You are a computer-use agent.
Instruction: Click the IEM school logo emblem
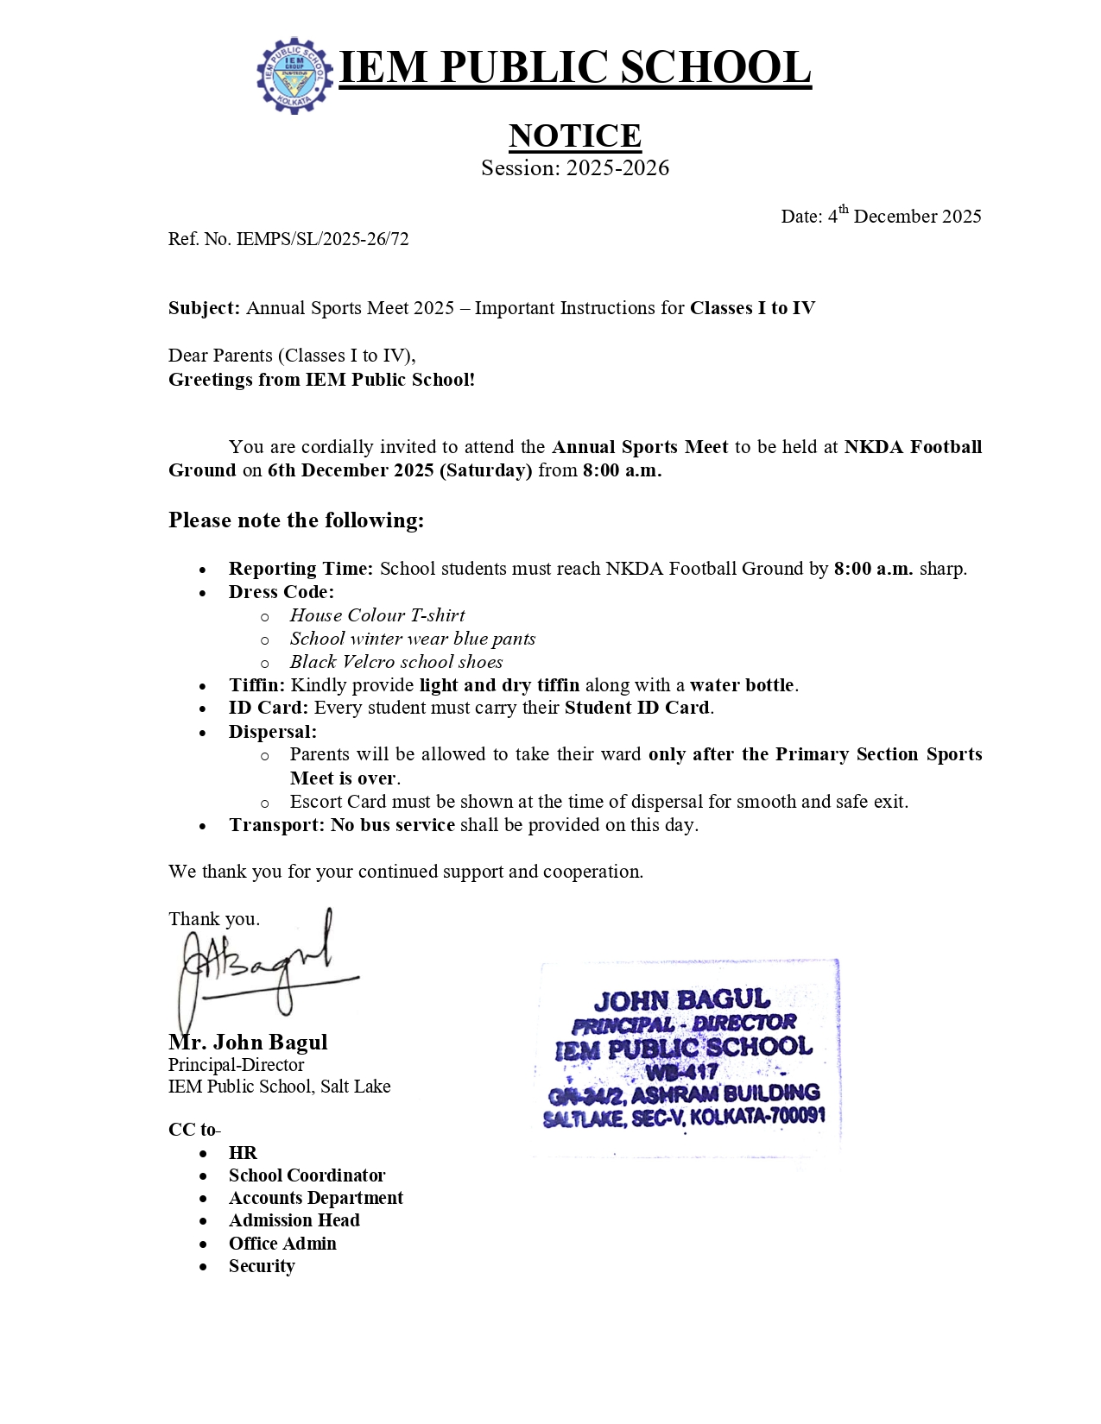[294, 75]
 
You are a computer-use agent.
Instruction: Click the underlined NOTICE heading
[574, 135]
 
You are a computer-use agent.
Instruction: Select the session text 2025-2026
[617, 167]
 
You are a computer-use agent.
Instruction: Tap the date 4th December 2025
[881, 216]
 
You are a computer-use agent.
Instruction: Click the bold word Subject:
[204, 308]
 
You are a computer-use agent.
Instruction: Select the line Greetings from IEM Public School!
[321, 380]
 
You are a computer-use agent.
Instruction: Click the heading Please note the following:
[296, 520]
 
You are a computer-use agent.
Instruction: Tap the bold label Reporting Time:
[301, 569]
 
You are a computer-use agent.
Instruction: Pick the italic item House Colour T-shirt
[377, 615]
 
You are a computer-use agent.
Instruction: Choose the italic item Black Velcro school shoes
[396, 662]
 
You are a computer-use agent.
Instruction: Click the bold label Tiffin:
[256, 685]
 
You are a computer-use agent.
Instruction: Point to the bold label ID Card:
[268, 708]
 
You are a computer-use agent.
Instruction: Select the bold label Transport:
[276, 825]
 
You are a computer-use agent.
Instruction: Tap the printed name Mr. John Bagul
[248, 1043]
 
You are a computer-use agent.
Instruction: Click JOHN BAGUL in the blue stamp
[681, 1000]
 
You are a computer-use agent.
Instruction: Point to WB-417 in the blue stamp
[681, 1072]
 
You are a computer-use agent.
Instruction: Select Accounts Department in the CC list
[315, 1198]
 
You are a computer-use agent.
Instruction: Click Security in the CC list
[262, 1266]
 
